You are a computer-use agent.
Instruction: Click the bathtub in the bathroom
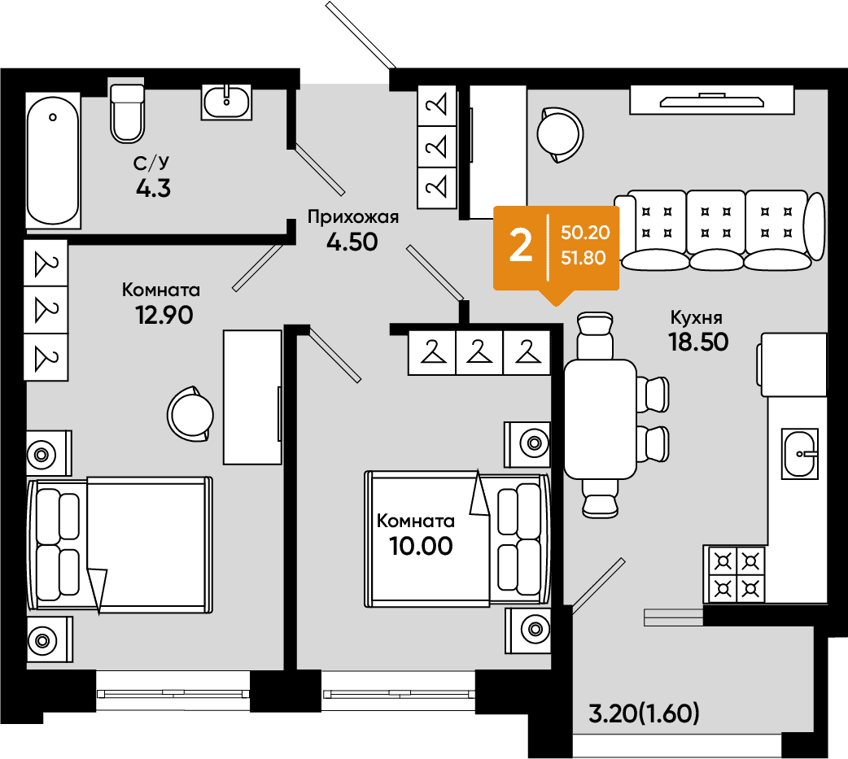(x=53, y=160)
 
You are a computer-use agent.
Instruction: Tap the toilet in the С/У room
(x=128, y=113)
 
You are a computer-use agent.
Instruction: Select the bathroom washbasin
(x=226, y=102)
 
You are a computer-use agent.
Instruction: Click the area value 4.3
(x=154, y=189)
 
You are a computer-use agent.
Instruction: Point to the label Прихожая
(x=353, y=216)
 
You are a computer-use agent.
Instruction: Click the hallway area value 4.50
(x=352, y=242)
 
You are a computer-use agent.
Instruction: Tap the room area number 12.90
(x=164, y=315)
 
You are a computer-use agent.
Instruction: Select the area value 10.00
(x=421, y=546)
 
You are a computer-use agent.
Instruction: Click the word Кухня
(x=697, y=316)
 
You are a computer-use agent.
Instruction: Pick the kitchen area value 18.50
(x=699, y=342)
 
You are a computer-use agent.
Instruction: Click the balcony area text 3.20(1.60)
(x=644, y=714)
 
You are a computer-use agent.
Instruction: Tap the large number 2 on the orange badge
(x=521, y=246)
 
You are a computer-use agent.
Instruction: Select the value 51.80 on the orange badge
(x=583, y=258)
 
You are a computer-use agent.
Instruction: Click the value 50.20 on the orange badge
(x=585, y=233)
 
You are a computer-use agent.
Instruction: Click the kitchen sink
(x=800, y=454)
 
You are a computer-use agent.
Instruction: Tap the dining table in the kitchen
(x=600, y=420)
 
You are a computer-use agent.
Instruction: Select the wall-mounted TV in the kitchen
(x=712, y=101)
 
